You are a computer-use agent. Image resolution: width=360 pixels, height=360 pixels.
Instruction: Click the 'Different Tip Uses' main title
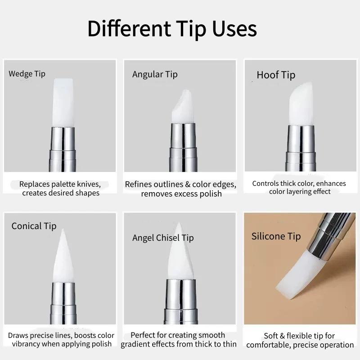point(172,28)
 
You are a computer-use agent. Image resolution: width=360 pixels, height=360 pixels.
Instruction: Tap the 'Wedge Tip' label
point(27,74)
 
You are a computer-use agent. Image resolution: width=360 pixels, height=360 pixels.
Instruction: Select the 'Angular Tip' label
point(155,74)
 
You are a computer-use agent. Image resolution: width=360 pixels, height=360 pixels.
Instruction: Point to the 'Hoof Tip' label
point(276,75)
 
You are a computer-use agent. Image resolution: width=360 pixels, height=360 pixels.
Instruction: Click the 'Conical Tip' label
point(34,226)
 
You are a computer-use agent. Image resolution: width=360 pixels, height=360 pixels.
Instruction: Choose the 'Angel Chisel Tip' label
point(163,238)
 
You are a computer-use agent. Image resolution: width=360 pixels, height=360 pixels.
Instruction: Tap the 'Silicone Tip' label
point(276,236)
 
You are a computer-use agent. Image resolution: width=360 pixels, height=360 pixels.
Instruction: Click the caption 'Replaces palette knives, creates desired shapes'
point(60,189)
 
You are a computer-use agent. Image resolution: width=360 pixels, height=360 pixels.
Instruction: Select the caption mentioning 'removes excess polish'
point(181,189)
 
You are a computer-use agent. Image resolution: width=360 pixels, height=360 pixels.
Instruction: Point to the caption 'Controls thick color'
point(299,187)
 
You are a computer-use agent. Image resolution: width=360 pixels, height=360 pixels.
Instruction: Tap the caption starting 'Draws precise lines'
point(61,340)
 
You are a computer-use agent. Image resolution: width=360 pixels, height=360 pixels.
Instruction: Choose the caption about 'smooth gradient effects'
point(179,340)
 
